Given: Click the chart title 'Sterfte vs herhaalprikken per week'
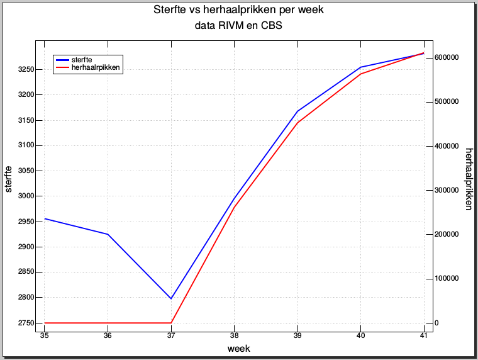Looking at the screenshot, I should pos(238,11).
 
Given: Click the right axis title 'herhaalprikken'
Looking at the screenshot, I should pos(469,179).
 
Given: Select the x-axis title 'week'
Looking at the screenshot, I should pos(238,348).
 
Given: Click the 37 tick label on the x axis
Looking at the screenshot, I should pos(171,336).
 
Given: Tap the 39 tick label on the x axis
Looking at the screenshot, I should pos(297,336).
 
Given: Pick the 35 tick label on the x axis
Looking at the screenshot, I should pos(45,336).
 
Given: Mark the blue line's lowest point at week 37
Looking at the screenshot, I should pos(171,298).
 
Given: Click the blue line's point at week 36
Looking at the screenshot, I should pos(108,234).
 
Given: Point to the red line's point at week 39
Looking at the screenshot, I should pos(297,123).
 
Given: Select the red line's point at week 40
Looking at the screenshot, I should pos(360,74).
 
